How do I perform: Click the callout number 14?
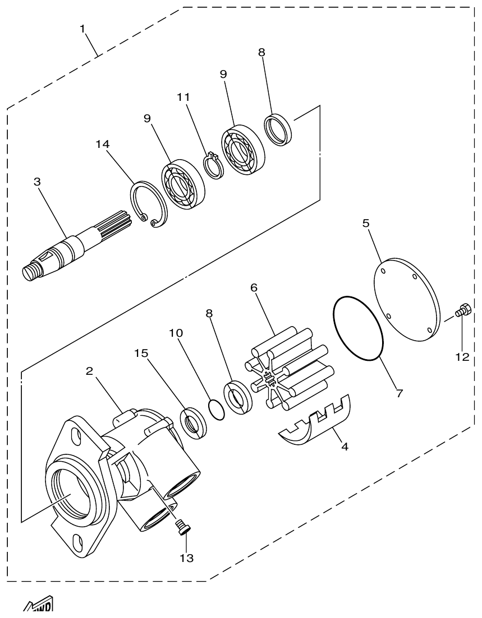[x=102, y=144]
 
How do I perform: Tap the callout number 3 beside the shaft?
[x=37, y=182]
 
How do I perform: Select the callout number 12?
[x=462, y=357]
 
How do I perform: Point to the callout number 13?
[x=186, y=558]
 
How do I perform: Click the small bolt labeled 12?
[x=462, y=310]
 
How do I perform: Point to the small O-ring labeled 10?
[x=216, y=409]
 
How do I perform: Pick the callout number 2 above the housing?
[x=89, y=371]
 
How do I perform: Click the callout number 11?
[x=184, y=97]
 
